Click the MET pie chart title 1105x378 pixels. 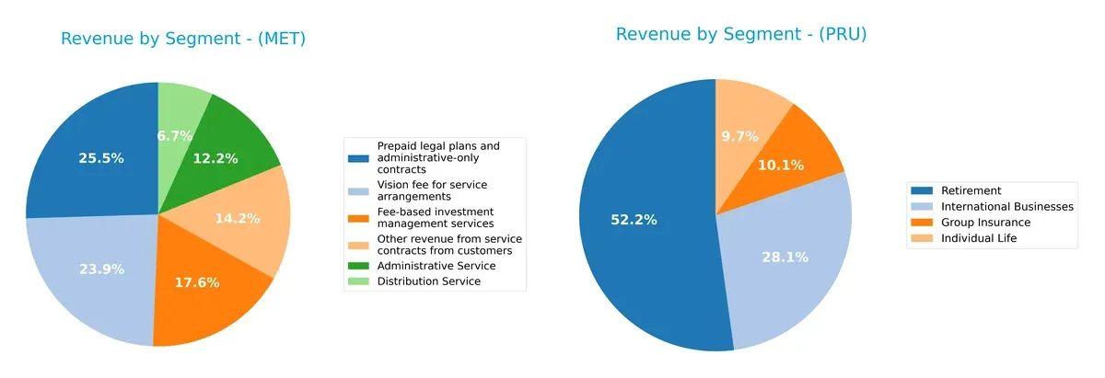(x=183, y=39)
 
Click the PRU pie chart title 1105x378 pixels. (x=741, y=34)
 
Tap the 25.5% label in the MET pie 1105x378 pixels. (x=101, y=158)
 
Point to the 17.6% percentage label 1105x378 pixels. (x=197, y=282)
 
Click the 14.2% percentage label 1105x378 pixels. (x=237, y=219)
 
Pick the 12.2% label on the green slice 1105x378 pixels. (x=215, y=158)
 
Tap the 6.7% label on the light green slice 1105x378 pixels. (x=175, y=136)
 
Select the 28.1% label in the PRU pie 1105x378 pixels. (x=785, y=258)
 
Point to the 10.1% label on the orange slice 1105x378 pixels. (x=781, y=166)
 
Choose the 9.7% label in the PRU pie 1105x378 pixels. (x=739, y=136)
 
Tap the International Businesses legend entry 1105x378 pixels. (x=1006, y=207)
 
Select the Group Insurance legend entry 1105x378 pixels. (x=985, y=223)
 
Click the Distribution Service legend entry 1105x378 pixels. (x=428, y=281)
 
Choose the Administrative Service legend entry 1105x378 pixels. (x=436, y=266)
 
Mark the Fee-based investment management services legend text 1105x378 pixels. (x=436, y=217)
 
